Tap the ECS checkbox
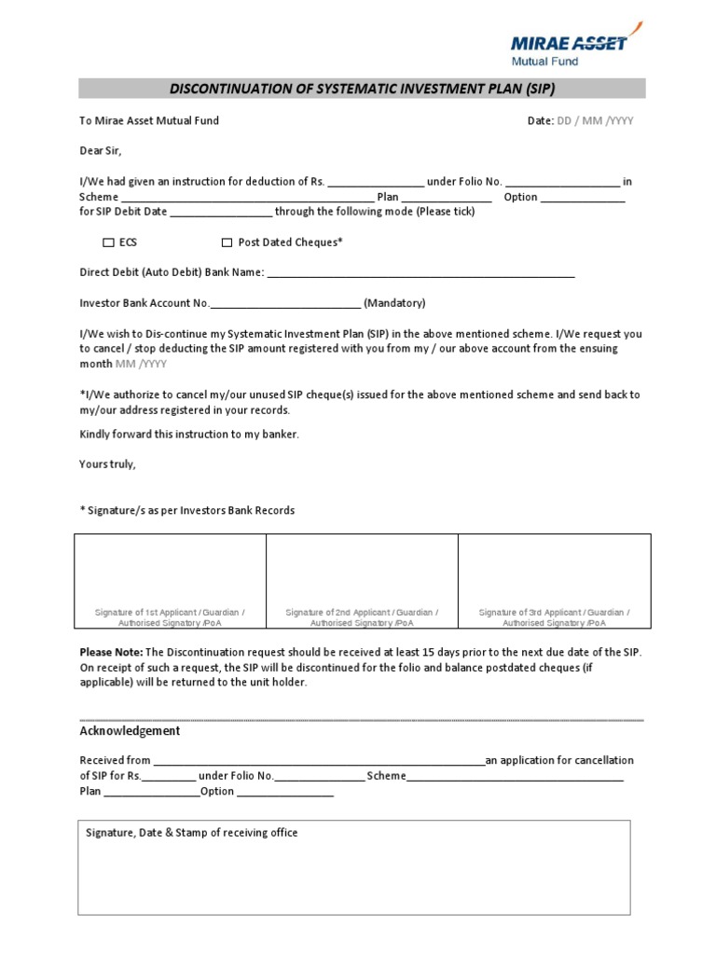108,242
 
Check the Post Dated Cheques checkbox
227,242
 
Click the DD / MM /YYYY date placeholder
595,121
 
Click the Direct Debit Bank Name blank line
420,274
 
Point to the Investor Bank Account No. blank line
286,304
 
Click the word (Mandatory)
394,303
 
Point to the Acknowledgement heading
131,731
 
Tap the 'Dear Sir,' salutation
101,150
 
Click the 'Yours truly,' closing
108,464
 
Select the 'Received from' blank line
318,761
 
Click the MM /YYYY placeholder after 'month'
142,364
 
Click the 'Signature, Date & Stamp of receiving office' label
192,833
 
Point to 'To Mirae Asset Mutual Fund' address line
149,120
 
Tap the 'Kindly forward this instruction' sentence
189,435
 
